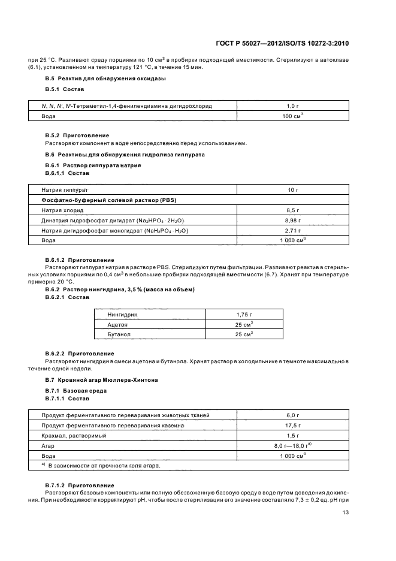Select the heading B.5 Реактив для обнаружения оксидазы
[x=105, y=79]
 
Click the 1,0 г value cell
[x=293, y=105]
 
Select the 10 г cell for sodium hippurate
[x=293, y=189]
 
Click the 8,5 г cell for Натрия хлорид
[x=293, y=210]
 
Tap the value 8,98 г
[x=293, y=220]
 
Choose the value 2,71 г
[x=293, y=230]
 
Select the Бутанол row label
[x=119, y=334]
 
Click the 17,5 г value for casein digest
[x=293, y=425]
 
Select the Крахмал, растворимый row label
[x=74, y=435]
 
